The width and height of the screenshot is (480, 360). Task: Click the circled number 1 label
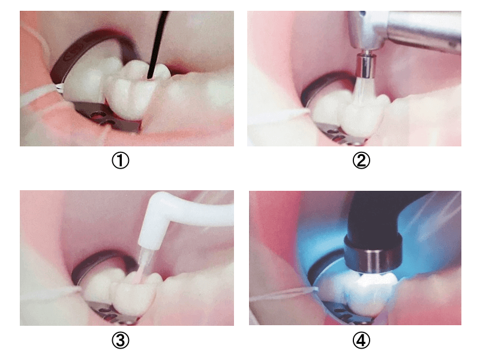pyautogui.click(x=121, y=160)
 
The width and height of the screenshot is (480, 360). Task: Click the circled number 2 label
pyautogui.click(x=361, y=160)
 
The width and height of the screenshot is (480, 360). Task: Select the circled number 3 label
pyautogui.click(x=121, y=340)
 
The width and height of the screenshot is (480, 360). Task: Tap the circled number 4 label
pyautogui.click(x=361, y=340)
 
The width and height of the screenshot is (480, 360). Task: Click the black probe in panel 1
pyautogui.click(x=158, y=44)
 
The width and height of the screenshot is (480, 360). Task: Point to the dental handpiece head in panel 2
pyautogui.click(x=404, y=29)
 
